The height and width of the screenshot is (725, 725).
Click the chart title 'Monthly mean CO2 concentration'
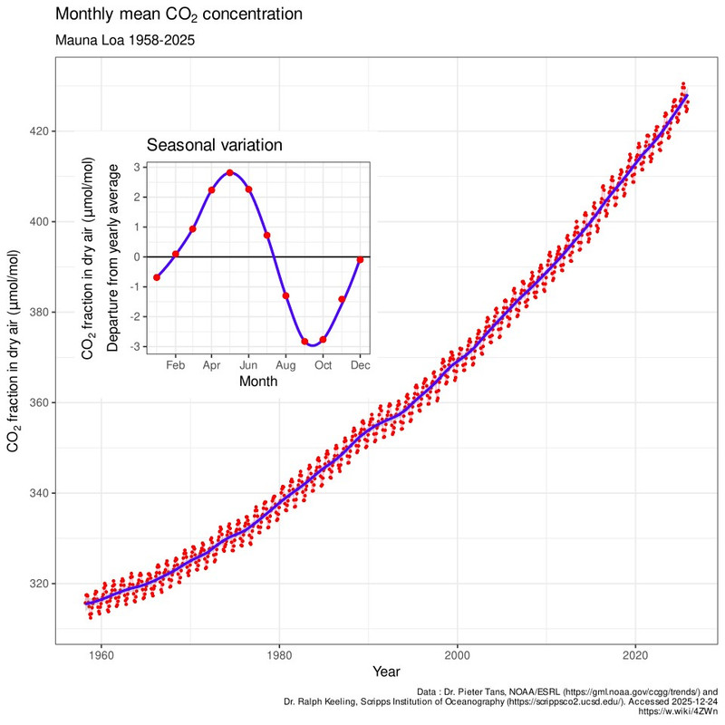point(179,15)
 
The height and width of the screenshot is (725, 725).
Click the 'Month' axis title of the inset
point(258,382)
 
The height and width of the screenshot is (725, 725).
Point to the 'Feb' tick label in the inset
point(175,364)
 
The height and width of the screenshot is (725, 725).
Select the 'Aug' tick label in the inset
point(285,364)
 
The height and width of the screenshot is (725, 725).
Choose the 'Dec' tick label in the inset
point(360,364)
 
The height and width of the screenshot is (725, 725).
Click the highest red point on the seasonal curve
point(230,172)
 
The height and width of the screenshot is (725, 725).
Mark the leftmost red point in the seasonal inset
point(157,277)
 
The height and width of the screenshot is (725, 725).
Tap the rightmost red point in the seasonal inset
point(360,259)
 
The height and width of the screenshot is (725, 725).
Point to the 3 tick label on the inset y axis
point(136,167)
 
